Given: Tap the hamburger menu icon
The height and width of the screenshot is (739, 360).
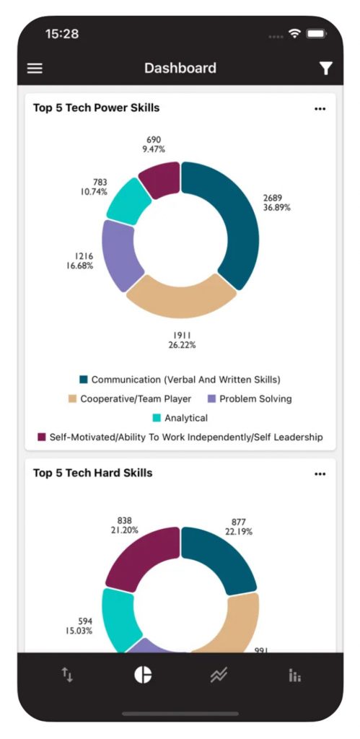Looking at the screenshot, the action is click(x=35, y=69).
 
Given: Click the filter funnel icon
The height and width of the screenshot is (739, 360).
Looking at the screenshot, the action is click(x=325, y=69).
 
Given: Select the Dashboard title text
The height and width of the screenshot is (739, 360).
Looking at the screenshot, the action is click(x=180, y=68).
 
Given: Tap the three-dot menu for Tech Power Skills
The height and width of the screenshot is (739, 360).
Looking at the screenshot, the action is click(x=320, y=109).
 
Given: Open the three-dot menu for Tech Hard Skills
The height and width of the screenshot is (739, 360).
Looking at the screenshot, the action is click(x=320, y=474).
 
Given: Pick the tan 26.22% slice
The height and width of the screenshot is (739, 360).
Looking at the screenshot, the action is click(x=181, y=297).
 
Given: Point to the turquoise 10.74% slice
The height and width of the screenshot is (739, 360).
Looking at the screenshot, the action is click(x=128, y=201).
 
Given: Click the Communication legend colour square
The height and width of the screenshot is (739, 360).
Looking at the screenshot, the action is click(x=84, y=380).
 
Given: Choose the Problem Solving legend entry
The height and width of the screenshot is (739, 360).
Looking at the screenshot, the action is click(x=250, y=398).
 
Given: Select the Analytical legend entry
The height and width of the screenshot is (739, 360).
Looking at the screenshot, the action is click(x=180, y=418).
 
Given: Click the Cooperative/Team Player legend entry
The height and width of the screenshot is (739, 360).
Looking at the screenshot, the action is click(x=130, y=398).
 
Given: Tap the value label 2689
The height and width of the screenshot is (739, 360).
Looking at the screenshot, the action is click(x=273, y=198).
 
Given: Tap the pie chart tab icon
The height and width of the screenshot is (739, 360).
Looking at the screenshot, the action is click(x=143, y=675).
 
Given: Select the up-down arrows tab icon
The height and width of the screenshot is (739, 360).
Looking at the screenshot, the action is click(x=67, y=675).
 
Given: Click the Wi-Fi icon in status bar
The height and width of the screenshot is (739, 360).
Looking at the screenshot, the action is click(x=295, y=33).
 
